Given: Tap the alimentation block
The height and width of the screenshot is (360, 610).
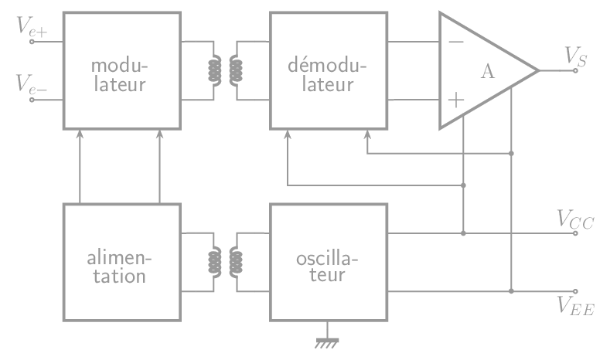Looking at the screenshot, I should click(x=121, y=263).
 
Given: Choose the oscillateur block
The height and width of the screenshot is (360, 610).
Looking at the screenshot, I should click(x=328, y=263).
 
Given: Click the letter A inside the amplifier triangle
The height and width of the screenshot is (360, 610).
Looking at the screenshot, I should click(x=487, y=72).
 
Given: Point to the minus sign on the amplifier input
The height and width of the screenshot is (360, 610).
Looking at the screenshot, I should click(x=456, y=41).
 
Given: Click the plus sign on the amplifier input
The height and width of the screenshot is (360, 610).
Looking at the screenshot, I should click(x=456, y=99).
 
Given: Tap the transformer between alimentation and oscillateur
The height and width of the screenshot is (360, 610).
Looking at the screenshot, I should click(x=225, y=263).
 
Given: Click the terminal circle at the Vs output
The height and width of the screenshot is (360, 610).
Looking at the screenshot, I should click(x=575, y=71).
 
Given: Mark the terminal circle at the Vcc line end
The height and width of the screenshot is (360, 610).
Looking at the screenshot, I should click(x=575, y=233).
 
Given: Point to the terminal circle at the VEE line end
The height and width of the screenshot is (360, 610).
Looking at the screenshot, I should click(x=575, y=292).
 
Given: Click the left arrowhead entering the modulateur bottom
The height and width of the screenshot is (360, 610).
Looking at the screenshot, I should click(x=80, y=134).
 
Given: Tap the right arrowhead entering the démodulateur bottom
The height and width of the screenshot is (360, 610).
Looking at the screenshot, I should click(x=366, y=134).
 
